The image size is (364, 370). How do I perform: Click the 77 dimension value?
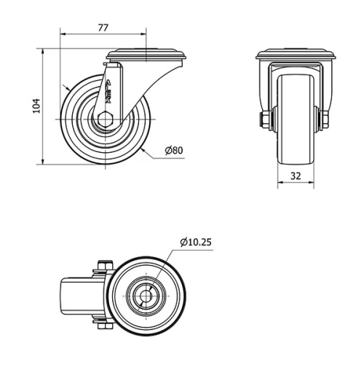point(103,27)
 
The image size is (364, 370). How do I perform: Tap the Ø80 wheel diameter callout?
point(174,150)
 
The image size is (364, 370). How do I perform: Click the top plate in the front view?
point(295,56)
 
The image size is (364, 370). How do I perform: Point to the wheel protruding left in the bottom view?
point(73,294)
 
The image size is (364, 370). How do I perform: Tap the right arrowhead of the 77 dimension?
point(144,34)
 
